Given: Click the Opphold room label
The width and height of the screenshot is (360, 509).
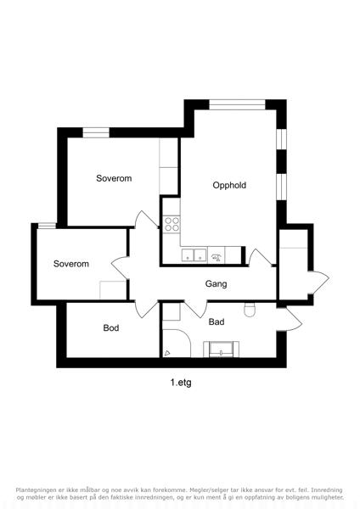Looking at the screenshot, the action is point(229,185).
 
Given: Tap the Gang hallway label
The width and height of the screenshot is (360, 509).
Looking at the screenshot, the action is point(216,284).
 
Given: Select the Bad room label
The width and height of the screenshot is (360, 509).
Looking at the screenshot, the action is point(217,322).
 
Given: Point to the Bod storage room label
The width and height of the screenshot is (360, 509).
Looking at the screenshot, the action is point(111,327).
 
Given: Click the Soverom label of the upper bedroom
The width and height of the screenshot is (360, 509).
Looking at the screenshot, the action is point(114,178).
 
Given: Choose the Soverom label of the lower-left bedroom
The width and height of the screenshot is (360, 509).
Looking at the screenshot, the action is point(71,264).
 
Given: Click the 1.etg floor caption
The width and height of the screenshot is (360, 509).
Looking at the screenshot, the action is point(181,383).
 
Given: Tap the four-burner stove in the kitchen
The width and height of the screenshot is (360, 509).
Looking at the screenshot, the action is point(172,224).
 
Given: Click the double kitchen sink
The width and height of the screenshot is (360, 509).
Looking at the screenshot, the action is point(194,255).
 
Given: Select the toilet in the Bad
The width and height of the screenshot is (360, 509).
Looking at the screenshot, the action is point(250,310).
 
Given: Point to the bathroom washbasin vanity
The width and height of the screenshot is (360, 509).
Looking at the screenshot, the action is point(222,350).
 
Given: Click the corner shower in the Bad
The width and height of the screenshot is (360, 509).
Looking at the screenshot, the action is point(176,344).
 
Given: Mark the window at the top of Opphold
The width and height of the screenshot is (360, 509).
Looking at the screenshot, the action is point(237,104).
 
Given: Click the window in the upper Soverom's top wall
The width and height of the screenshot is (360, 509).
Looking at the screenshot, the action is point(96,132).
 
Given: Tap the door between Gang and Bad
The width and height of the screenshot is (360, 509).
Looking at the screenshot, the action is point(196,310).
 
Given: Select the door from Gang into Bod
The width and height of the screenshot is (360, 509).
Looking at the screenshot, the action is point(146,310).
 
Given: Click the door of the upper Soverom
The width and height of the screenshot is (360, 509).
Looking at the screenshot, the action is point(147,219).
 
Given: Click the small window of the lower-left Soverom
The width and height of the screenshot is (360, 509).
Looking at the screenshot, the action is point(47,226).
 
